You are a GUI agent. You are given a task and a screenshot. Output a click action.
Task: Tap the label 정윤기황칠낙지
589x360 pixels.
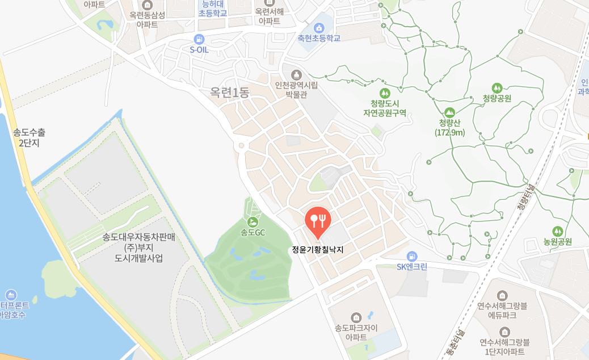318,249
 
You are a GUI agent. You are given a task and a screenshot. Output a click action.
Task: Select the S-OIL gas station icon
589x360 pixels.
199,39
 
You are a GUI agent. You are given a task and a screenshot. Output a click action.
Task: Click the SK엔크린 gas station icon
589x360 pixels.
412,256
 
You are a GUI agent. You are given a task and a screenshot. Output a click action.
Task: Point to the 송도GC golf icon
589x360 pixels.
253,221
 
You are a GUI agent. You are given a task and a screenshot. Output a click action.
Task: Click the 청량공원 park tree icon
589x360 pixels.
497,87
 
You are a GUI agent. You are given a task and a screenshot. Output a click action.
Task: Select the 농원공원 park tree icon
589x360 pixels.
557,231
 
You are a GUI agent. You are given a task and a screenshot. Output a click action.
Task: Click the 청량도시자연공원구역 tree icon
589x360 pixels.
385,93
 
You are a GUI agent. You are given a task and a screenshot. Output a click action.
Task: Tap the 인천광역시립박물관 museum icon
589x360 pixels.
295,74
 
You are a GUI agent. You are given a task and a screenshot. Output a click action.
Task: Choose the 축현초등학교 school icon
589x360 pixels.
319,27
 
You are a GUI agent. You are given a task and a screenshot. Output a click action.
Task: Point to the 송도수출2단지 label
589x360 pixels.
28,137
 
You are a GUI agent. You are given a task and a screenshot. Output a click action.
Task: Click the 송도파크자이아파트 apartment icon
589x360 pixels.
356,316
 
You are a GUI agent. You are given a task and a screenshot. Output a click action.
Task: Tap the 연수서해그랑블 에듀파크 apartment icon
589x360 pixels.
502,295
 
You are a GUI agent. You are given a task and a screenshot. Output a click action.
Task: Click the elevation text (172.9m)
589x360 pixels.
450,133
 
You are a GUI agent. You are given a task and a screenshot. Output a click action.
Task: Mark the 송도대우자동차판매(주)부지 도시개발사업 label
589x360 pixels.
138,248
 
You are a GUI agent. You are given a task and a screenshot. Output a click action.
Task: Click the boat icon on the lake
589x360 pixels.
11,295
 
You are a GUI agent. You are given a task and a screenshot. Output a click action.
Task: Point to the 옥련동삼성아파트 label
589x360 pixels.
146,20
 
